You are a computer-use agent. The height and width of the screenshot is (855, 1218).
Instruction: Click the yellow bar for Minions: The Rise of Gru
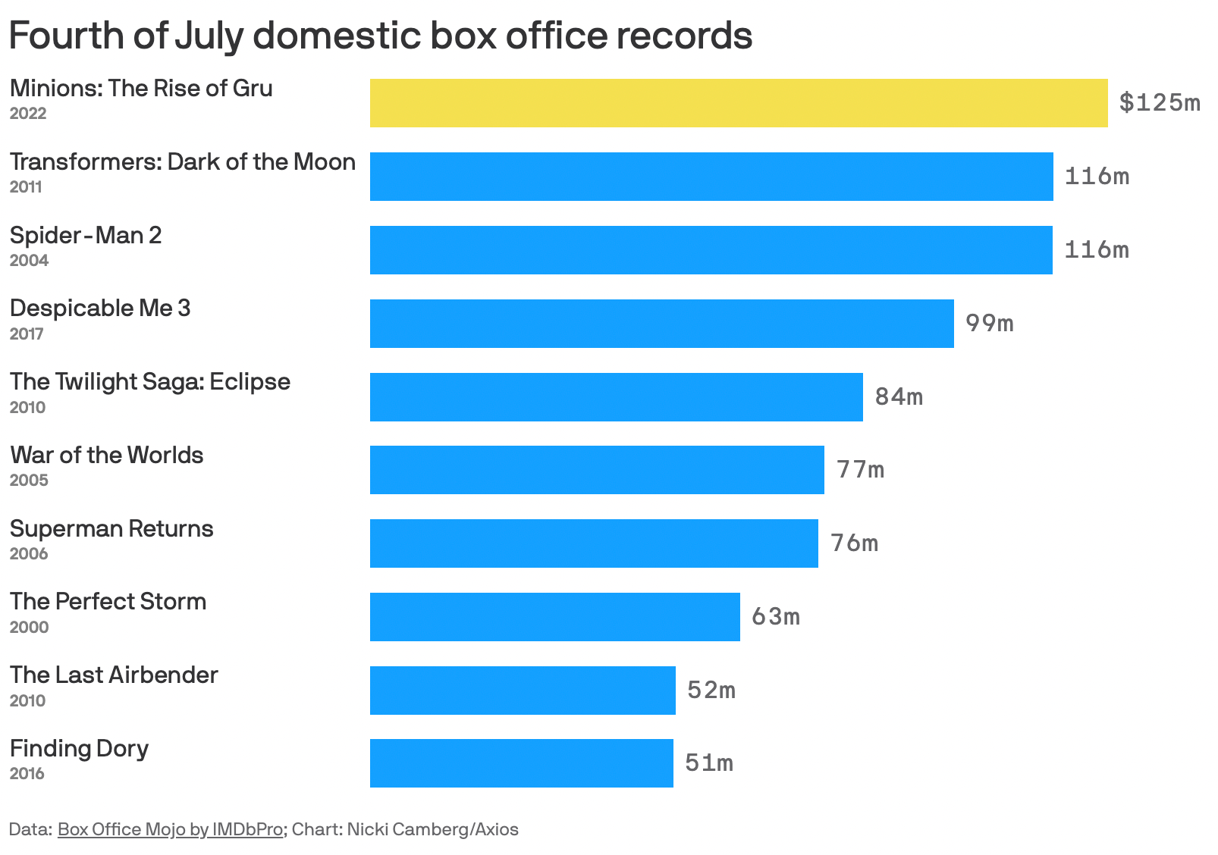738,103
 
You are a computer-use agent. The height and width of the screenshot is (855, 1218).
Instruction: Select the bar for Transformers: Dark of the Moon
711,177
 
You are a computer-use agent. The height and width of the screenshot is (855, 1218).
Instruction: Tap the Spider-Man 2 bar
711,250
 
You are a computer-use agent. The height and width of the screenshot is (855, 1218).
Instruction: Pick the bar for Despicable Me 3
661,324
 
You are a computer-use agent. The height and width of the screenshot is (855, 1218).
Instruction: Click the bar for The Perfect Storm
554,617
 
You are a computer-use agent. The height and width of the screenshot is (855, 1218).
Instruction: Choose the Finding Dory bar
521,763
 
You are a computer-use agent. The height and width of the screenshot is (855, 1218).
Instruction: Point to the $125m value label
1160,102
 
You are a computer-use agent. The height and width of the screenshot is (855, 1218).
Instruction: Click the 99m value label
989,324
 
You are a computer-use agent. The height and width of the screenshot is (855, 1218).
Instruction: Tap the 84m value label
899,397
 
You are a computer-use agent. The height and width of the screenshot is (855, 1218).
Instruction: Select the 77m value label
860,470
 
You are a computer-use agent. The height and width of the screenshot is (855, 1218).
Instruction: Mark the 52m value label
711,691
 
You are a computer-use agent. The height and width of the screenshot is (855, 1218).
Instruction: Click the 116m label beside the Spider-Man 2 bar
1097,250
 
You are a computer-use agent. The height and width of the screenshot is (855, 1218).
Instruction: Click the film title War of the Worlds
107,456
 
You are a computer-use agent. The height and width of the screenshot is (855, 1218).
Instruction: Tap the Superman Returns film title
111,528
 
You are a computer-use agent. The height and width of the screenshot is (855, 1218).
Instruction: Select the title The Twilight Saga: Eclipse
150,382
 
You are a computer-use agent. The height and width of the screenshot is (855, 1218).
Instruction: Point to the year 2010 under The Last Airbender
27,701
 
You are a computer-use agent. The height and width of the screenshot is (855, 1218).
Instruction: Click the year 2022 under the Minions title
28,114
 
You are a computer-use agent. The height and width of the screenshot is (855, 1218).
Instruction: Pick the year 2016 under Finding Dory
27,774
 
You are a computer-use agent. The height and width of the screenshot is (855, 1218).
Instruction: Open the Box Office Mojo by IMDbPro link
170,829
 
